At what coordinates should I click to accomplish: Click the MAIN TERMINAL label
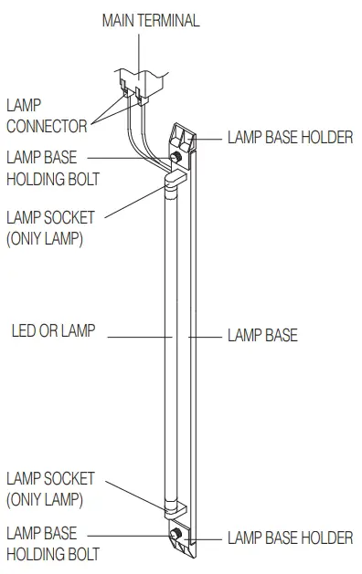tap(151, 19)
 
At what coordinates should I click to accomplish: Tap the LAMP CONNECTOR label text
tap(46, 117)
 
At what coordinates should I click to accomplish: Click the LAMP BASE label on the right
tap(262, 336)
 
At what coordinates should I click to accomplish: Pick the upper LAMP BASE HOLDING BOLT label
tap(52, 168)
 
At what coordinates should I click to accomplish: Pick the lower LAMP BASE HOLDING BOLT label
tap(52, 543)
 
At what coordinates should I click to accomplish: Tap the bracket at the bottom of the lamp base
tap(186, 540)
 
